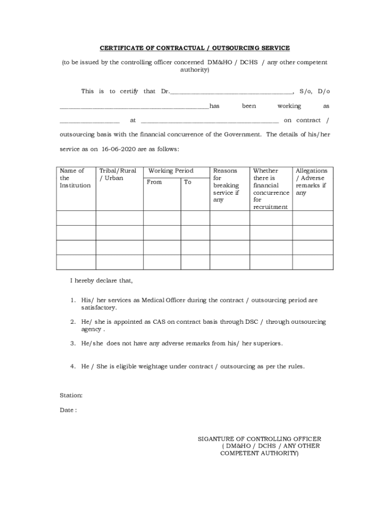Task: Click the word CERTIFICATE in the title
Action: tap(121, 48)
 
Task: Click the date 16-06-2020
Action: tap(120, 150)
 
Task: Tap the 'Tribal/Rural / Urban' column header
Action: tap(118, 175)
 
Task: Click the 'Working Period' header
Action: tap(171, 171)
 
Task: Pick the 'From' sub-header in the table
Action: tap(154, 182)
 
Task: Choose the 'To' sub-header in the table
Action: tap(188, 182)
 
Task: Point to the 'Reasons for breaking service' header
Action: tap(226, 185)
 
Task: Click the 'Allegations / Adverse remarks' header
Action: tap(311, 182)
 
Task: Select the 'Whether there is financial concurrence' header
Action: tap(270, 189)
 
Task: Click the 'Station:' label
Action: tap(71, 396)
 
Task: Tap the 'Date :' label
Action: tap(68, 410)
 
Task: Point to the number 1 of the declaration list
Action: tap(73, 300)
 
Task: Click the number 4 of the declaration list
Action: tap(73, 366)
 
